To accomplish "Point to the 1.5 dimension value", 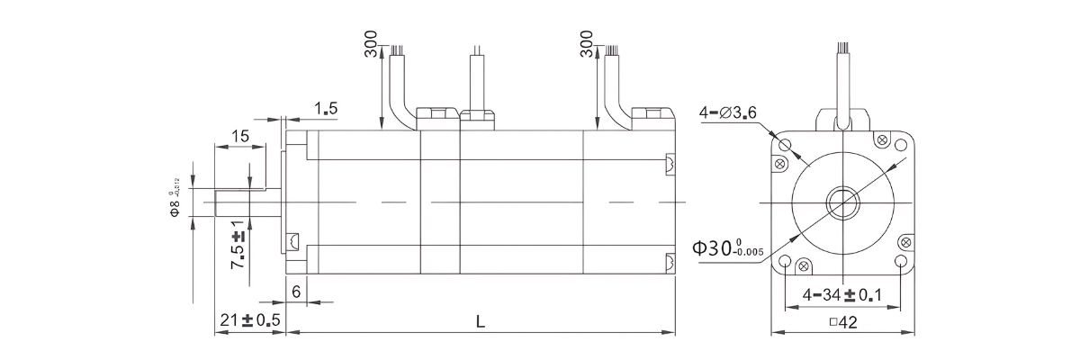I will coord(326,109).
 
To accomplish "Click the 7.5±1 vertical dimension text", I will coord(238,244).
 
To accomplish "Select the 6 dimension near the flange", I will coord(295,292).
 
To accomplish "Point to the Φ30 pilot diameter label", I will coord(728,247).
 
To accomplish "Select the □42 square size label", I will coord(841,323).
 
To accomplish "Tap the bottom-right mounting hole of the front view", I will coord(901,261).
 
